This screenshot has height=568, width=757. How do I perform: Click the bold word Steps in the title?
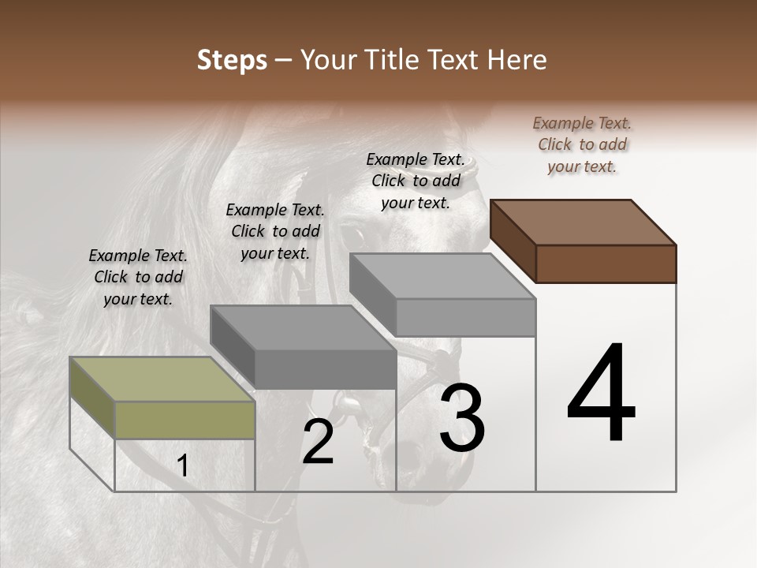pyautogui.click(x=231, y=60)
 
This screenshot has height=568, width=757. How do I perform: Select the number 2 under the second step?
pyautogui.click(x=318, y=442)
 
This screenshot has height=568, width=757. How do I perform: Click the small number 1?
pyautogui.click(x=183, y=466)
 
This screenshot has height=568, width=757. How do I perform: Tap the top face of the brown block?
pyautogui.click(x=584, y=222)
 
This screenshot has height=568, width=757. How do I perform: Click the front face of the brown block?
pyautogui.click(x=606, y=263)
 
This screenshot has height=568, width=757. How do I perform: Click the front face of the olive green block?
pyautogui.click(x=185, y=420)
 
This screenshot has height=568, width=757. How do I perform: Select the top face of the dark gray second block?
pyautogui.click(x=303, y=327)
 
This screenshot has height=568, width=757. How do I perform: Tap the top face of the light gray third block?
pyautogui.click(x=442, y=276)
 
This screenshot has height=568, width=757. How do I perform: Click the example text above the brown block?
pyautogui.click(x=582, y=144)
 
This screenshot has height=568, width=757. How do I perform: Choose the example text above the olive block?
pyautogui.click(x=138, y=277)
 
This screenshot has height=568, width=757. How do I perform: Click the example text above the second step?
pyautogui.click(x=275, y=231)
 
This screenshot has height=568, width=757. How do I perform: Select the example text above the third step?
pyautogui.click(x=416, y=181)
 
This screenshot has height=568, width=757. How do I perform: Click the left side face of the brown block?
pyautogui.click(x=513, y=240)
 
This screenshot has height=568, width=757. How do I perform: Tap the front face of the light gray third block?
pyautogui.click(x=465, y=317)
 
